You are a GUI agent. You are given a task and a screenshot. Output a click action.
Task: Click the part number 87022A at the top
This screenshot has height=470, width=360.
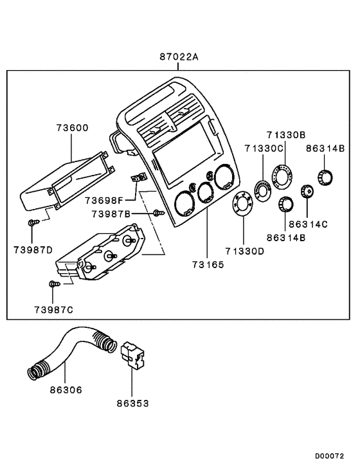(179, 57)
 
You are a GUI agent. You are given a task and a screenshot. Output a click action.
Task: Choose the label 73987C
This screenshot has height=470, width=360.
(53, 309)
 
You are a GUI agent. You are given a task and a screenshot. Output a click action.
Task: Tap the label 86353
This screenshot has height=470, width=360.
(132, 403)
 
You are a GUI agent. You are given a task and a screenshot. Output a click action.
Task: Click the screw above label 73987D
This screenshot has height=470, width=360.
(32, 222)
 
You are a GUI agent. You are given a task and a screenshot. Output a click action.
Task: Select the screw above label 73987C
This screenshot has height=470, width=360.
(54, 283)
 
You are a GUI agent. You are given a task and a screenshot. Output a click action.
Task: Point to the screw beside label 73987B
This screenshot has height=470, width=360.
(157, 213)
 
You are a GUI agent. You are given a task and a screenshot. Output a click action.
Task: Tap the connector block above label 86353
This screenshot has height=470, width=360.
(132, 355)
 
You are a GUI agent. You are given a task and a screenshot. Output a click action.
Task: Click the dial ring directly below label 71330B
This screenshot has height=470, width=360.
(282, 175)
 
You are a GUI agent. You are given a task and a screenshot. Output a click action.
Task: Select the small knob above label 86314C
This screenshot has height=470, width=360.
(307, 190)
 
